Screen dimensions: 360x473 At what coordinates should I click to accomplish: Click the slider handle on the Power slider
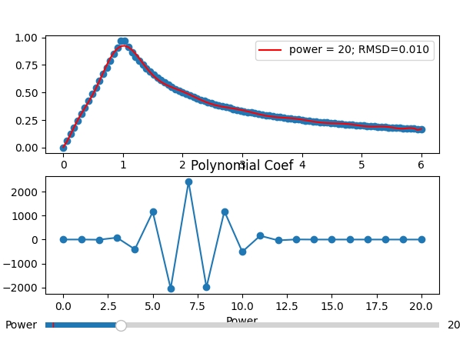(121, 325)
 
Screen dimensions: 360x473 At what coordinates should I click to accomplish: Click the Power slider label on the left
(21, 325)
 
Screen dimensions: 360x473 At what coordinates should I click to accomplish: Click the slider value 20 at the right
(454, 325)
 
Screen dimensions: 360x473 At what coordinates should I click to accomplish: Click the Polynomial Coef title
(241, 166)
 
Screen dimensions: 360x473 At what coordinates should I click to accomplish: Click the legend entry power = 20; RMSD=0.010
(345, 50)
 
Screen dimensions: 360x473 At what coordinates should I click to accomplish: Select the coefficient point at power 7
(188, 182)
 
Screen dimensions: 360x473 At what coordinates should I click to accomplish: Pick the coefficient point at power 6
(171, 288)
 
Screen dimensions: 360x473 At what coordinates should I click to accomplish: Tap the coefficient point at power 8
(206, 287)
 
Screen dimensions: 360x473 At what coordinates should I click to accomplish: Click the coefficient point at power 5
(153, 212)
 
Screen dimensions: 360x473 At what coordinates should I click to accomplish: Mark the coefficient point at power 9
(225, 212)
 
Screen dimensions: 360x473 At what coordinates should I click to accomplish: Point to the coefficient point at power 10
(242, 252)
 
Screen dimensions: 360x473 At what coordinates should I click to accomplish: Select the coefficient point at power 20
(421, 239)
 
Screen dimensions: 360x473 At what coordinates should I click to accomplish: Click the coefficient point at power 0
(63, 239)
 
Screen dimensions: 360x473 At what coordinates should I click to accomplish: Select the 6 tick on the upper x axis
(421, 164)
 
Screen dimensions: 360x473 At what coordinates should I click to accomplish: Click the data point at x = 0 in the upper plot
(63, 148)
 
